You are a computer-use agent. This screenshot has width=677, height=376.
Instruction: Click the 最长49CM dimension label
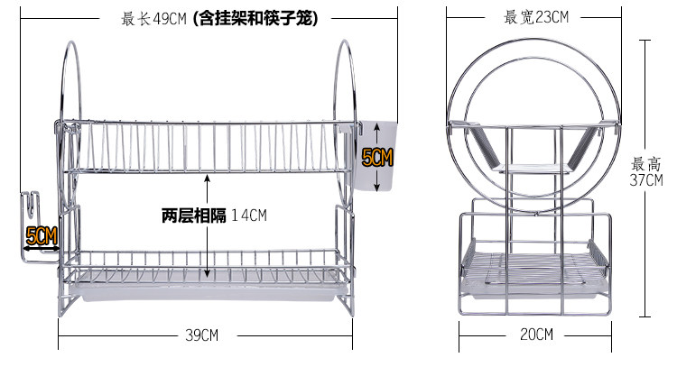154,16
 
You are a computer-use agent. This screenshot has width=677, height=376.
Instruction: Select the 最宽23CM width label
536,16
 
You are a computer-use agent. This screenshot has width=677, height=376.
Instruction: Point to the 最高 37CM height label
646,172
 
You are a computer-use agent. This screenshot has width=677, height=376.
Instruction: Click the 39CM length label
201,335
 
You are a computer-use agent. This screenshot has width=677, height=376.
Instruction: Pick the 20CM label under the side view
536,335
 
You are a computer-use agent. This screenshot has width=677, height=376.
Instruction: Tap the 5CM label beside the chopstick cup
377,159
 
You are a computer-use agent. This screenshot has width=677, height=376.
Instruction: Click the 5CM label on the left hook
42,238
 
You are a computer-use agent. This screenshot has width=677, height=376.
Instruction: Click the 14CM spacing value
249,216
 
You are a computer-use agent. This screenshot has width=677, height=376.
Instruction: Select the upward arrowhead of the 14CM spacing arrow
208,179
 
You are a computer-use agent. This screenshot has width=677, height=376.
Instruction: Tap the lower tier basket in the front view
204,266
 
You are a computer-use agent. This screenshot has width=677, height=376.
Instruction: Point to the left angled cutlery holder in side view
485,146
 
